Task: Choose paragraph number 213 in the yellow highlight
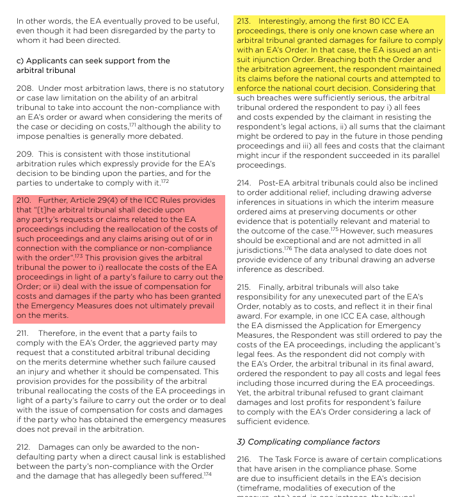244,21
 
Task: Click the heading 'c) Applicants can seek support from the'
93,61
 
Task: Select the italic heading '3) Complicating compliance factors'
310,441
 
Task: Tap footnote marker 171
132,124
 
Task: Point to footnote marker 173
79,256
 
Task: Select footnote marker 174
208,473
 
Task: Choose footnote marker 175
334,228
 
